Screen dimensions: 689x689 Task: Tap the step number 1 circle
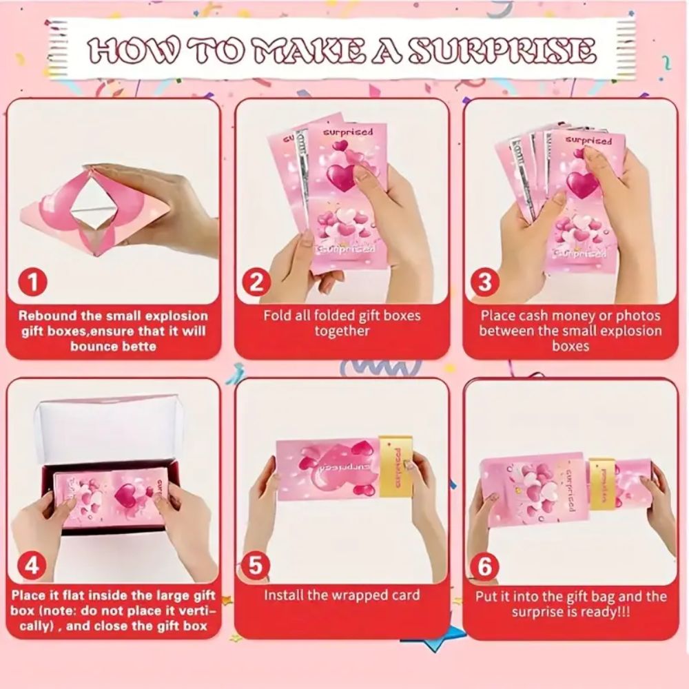click(x=32, y=282)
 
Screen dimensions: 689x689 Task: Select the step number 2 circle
click(x=256, y=282)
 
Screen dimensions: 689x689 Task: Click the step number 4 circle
click(x=32, y=567)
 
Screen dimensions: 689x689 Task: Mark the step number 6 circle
click(x=485, y=567)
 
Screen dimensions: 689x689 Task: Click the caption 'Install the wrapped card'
click(x=342, y=595)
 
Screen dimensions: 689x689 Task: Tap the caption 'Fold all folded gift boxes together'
click(x=342, y=323)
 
